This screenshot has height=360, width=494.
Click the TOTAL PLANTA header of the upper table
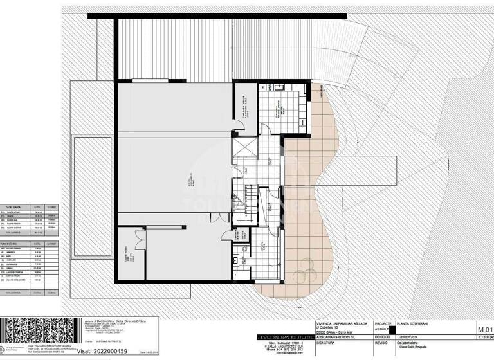coord(14,206)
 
